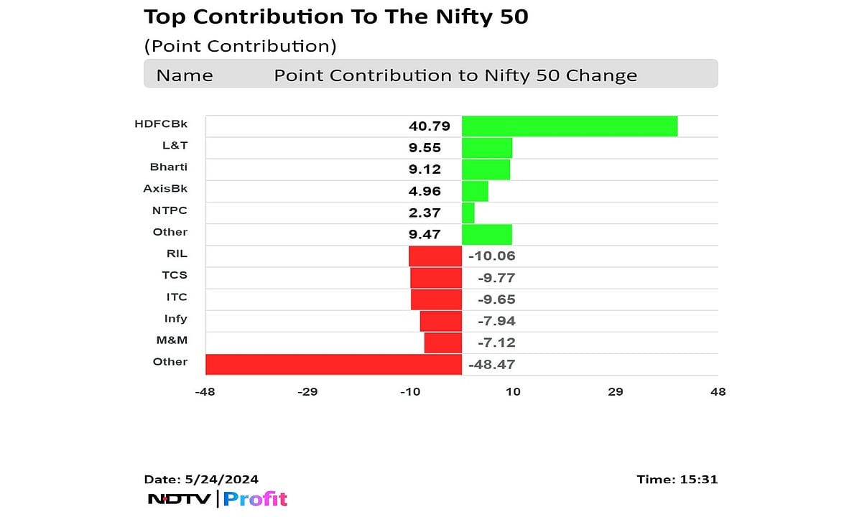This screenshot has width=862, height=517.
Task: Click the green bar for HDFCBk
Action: (x=569, y=126)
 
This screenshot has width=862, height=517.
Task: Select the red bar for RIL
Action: (x=435, y=256)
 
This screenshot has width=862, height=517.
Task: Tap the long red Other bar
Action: (x=333, y=364)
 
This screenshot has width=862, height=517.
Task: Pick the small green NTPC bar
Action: (x=468, y=213)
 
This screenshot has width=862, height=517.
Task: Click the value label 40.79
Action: (x=430, y=126)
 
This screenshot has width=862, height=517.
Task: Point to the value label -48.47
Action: (x=491, y=365)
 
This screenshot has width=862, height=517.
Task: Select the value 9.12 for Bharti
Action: (x=424, y=169)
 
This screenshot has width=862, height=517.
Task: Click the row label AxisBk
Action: (x=165, y=189)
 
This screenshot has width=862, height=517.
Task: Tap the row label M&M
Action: (x=172, y=340)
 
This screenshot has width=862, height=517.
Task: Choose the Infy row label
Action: (x=175, y=318)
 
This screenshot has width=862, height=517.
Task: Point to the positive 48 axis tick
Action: (x=718, y=392)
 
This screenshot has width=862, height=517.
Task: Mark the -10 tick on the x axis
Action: (x=409, y=392)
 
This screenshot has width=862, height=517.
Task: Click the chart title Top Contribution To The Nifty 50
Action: (x=335, y=17)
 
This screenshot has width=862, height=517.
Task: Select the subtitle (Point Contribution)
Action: (x=240, y=47)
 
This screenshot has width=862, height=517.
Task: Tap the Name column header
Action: (x=185, y=75)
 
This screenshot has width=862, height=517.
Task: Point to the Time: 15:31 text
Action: (x=677, y=480)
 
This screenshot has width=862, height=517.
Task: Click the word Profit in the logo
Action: (x=255, y=499)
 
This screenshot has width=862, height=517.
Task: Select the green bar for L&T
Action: (x=486, y=148)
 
